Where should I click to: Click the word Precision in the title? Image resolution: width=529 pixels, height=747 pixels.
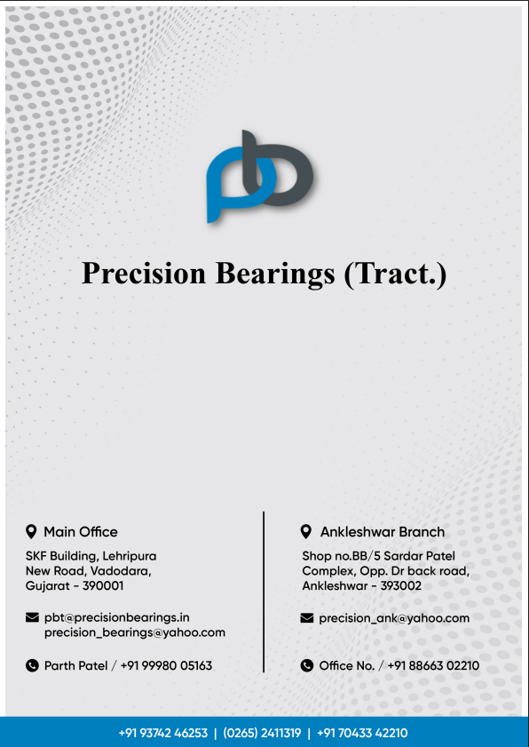144,273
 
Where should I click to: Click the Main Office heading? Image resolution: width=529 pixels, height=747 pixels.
81,532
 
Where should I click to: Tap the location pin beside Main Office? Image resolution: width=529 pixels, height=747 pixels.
32,532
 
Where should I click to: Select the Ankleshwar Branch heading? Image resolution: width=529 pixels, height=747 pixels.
383,532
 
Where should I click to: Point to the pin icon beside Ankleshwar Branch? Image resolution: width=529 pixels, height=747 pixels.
306,532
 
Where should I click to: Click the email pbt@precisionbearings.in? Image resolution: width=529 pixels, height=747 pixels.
117,617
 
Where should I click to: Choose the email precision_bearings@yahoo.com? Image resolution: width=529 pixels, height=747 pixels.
135,632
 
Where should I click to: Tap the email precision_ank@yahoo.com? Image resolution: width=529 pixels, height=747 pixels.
394,618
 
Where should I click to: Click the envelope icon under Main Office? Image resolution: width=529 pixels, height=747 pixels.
32,617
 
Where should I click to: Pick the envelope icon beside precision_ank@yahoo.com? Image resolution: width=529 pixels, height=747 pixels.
307,618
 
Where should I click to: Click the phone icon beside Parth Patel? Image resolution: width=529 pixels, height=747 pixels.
32,665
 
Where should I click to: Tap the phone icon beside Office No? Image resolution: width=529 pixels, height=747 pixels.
307,665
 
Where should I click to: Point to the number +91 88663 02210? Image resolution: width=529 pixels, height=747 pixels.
438,665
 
